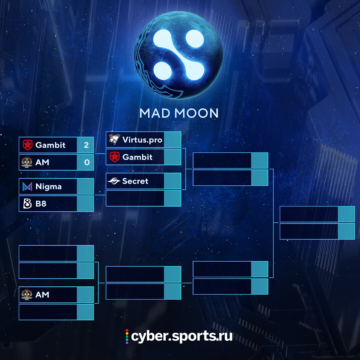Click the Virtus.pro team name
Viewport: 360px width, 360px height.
click(142, 140)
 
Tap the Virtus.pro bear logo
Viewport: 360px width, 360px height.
click(114, 139)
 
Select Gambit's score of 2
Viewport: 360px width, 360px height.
click(86, 145)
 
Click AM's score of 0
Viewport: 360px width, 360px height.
click(87, 162)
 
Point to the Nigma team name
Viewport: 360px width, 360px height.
click(48, 187)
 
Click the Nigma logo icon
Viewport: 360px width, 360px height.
click(27, 186)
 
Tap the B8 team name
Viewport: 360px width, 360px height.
click(41, 204)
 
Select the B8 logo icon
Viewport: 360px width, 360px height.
click(27, 203)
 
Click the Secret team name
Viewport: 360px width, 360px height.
click(135, 181)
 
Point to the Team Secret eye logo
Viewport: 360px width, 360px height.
click(114, 181)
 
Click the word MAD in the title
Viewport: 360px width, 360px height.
click(155, 113)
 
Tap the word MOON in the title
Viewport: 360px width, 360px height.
click(196, 113)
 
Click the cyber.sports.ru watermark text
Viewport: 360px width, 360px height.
click(182, 336)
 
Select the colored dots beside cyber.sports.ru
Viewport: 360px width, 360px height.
click(127, 336)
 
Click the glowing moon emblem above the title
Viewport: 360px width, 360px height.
click(179, 55)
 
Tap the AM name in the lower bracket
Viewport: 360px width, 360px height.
click(42, 295)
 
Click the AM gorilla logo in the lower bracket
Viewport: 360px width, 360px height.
click(27, 295)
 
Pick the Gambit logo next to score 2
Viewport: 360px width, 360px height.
click(28, 145)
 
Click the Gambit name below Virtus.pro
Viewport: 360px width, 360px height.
click(137, 157)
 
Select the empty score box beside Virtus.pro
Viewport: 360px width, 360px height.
click(172, 140)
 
